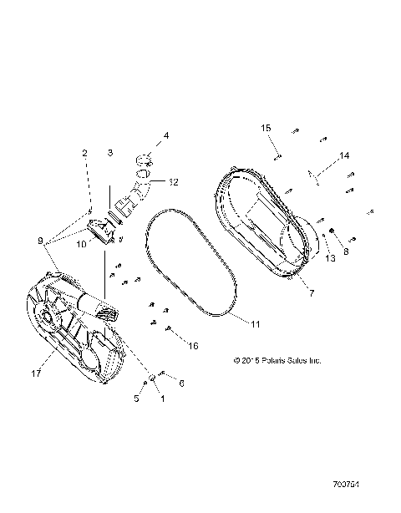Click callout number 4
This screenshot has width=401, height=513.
coord(165,135)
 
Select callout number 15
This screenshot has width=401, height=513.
coord(266,127)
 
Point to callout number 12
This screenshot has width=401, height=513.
coord(173,182)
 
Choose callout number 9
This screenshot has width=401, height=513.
coord(39,241)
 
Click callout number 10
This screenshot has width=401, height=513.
coord(82,244)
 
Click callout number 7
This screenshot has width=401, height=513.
coord(310,292)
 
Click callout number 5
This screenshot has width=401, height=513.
coord(137,399)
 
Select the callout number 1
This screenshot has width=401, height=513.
coord(162,399)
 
